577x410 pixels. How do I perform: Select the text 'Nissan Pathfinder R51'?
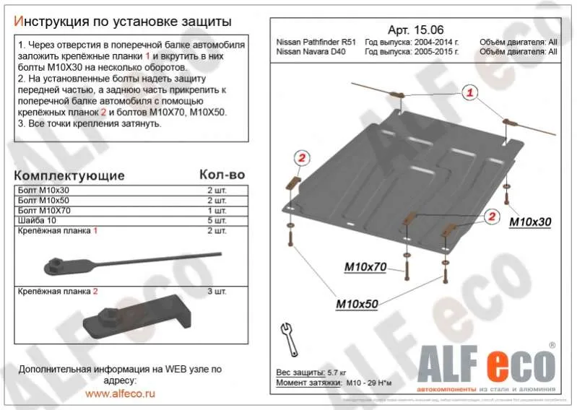[317, 43]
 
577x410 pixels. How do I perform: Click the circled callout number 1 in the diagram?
[469, 92]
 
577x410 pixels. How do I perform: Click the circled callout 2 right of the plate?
[490, 215]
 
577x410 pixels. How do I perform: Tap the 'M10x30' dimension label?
[529, 222]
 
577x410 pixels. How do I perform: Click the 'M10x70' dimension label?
[365, 268]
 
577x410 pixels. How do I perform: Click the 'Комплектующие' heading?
[69, 175]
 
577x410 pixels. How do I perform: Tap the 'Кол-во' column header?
[221, 175]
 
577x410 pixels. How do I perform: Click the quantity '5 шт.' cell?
[216, 220]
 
